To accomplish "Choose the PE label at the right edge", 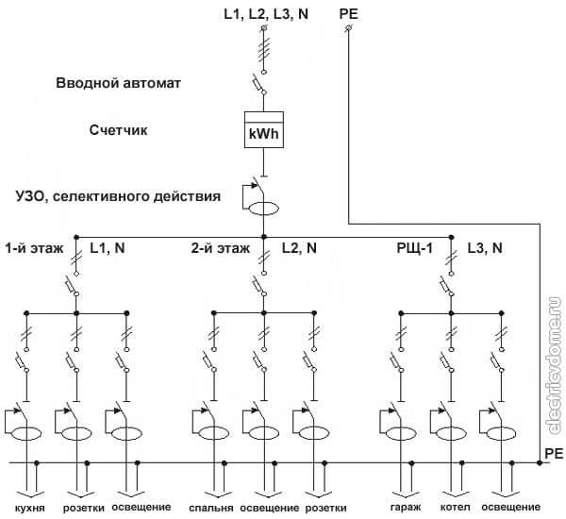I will [x=554, y=455].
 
